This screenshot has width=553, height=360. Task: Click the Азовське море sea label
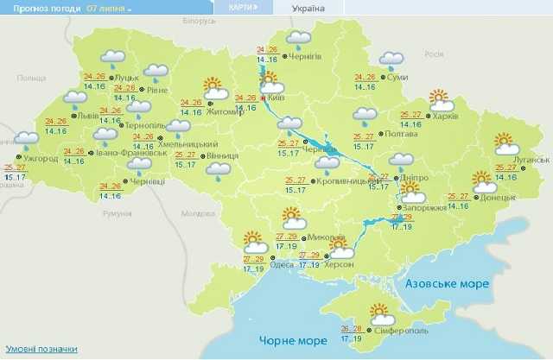coord(447,283)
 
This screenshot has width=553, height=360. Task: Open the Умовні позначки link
coord(39,349)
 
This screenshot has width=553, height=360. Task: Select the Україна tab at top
coord(308,9)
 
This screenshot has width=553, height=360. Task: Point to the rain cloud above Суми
coord(392,61)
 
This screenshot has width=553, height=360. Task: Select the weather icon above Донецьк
coord(482,181)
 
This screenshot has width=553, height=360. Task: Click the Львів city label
coord(87,115)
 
